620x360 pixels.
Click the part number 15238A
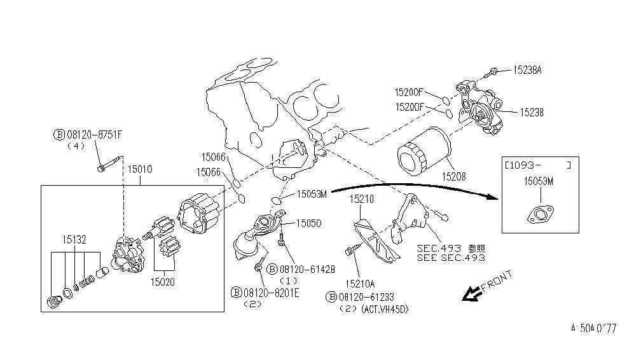click(527, 71)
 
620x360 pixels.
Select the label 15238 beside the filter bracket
click(531, 112)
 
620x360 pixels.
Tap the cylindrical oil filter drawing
click(422, 152)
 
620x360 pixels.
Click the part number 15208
click(453, 176)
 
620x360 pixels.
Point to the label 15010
click(140, 169)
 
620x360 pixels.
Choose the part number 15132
click(74, 240)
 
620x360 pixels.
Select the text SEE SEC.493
click(450, 258)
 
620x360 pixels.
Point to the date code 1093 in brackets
click(522, 165)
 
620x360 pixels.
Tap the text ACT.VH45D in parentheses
click(384, 309)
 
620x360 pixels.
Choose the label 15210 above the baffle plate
click(362, 200)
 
